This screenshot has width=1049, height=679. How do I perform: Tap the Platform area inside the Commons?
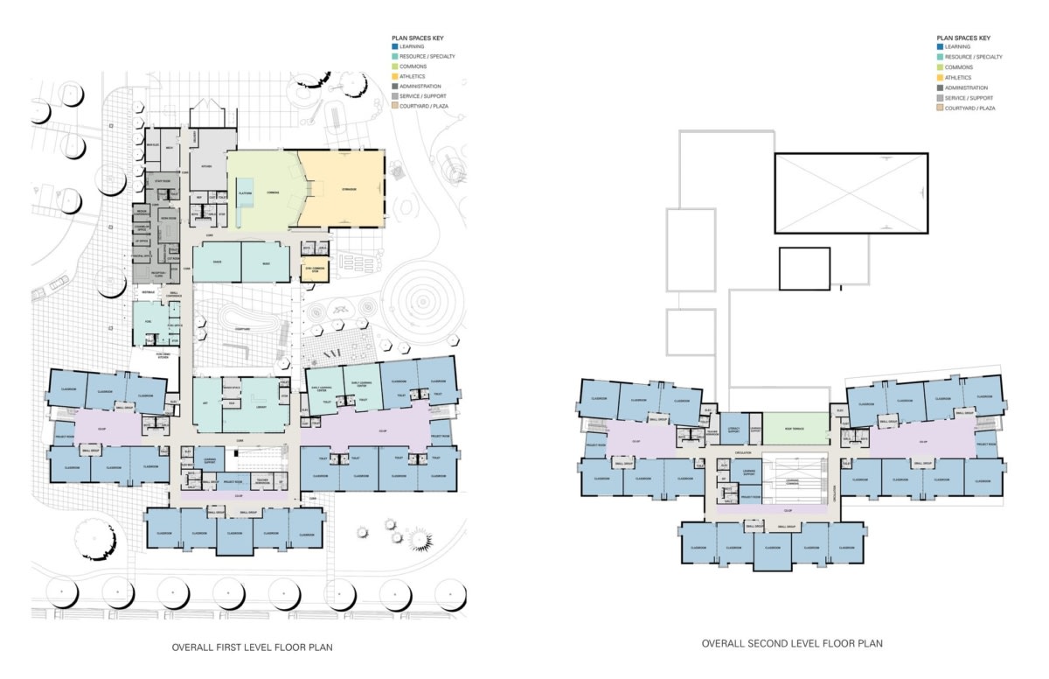coord(246,193)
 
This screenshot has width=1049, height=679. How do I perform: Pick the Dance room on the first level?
coord(216,262)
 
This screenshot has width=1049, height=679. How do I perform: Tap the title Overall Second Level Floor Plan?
coord(791,643)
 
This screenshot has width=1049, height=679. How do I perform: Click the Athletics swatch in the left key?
coord(394,77)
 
